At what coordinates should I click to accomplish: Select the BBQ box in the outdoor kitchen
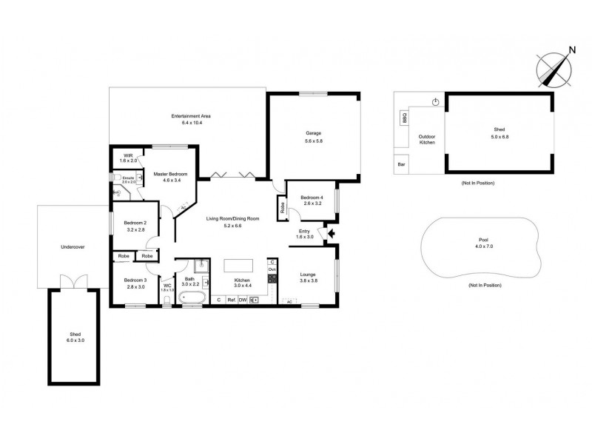pyautogui.click(x=404, y=117)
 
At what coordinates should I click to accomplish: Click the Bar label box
pyautogui.click(x=401, y=164)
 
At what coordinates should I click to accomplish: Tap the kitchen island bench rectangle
pyautogui.click(x=238, y=265)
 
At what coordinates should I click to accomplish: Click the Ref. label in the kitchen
pyautogui.click(x=232, y=300)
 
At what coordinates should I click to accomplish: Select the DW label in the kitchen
pyautogui.click(x=242, y=300)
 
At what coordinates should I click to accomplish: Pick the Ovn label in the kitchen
pyautogui.click(x=272, y=270)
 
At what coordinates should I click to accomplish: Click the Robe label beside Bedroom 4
pyautogui.click(x=282, y=207)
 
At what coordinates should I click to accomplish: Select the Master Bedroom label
pyautogui.click(x=170, y=176)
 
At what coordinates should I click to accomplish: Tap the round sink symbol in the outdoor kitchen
pyautogui.click(x=436, y=102)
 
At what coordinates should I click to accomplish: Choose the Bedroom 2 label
pyautogui.click(x=134, y=226)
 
